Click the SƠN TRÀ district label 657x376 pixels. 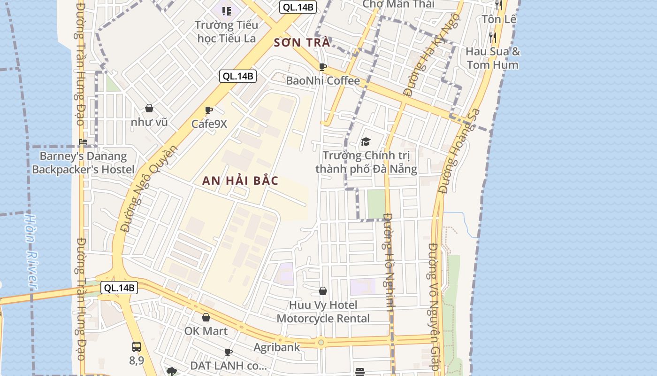coord(302,43)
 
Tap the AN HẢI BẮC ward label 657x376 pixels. coord(241,180)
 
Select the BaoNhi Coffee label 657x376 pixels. coord(323,81)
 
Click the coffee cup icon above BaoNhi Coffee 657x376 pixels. coord(322,67)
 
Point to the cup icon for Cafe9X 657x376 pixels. coord(209,110)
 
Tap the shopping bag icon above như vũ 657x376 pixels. coord(149,109)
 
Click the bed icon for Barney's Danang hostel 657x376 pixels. coord(84,142)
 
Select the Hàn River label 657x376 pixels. coord(31,251)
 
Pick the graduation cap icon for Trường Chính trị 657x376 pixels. coord(366,141)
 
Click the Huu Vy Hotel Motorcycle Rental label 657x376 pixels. coord(323,312)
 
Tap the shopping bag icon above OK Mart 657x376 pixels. coord(206,318)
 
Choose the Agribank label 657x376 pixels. coord(276,347)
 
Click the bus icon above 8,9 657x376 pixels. coord(136,347)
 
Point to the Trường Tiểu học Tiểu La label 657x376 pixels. coord(226,31)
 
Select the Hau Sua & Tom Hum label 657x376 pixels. coord(493,58)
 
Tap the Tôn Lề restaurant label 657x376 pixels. coord(499,19)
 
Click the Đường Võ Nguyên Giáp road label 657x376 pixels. coord(434,308)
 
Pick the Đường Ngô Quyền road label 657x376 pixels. coord(149,188)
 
